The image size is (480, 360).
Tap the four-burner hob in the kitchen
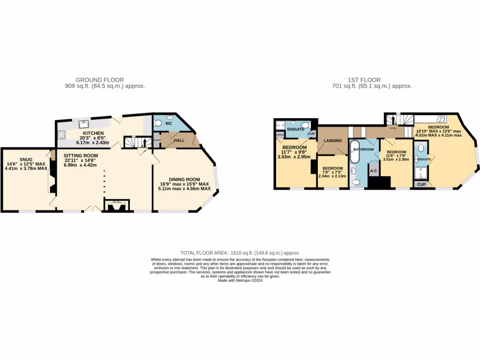pyautogui.click(x=61, y=135)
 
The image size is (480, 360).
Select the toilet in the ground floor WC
pyautogui.click(x=158, y=123)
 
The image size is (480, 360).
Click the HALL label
pyautogui.click(x=179, y=140)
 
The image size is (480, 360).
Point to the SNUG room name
pyautogui.click(x=26, y=159)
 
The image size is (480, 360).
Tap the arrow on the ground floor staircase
pyautogui.click(x=144, y=142)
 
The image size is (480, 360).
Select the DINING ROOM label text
pyautogui.click(x=184, y=179)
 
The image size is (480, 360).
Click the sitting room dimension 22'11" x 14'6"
pyautogui.click(x=81, y=160)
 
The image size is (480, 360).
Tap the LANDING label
pyautogui.click(x=332, y=141)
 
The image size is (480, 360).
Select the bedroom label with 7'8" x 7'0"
pyautogui.click(x=332, y=168)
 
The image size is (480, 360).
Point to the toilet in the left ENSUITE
pyautogui.click(x=305, y=125)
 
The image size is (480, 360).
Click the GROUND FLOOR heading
pyautogui.click(x=99, y=80)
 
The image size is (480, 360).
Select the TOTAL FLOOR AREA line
pyautogui.click(x=240, y=253)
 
